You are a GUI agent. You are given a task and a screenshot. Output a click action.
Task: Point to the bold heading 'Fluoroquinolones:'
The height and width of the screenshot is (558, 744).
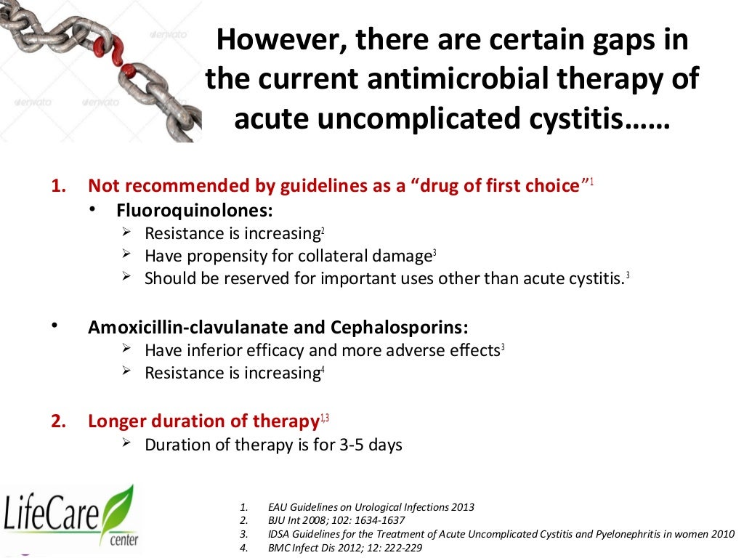(195, 211)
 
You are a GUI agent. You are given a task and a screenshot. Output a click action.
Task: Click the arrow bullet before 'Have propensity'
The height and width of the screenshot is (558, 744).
(126, 255)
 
